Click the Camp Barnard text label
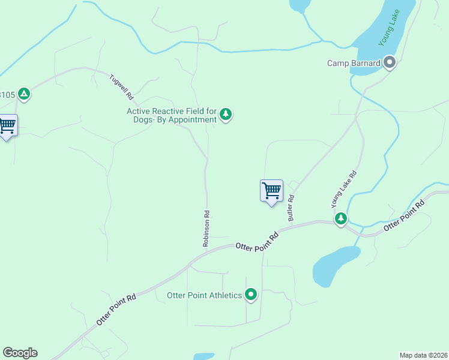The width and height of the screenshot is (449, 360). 354,63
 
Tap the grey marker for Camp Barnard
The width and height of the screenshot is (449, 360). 390,62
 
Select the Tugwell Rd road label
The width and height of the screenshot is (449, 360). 121,86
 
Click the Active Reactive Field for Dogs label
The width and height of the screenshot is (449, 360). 172,115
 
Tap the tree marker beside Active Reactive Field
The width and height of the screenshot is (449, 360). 226,114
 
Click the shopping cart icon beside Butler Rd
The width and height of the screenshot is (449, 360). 271,191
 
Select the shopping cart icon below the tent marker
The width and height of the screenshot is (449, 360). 7,126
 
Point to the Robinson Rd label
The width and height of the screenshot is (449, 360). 206,228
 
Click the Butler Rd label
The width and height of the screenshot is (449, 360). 291,207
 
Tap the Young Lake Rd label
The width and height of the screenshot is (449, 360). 345,189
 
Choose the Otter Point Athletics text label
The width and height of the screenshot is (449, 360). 204,295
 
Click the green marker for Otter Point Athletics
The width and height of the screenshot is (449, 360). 251,295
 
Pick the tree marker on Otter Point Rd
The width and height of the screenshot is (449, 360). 341,218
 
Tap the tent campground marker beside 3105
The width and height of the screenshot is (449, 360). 23,94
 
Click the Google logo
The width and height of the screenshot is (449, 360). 20,353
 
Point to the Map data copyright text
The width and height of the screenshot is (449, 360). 423,355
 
